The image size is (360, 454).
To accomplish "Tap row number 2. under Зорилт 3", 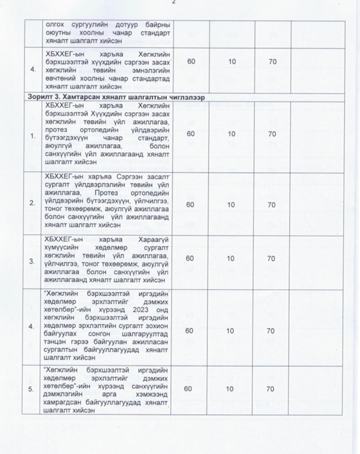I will point(32,204).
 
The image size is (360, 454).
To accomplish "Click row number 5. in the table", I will point(32,390).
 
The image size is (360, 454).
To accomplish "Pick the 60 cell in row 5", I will point(191,390).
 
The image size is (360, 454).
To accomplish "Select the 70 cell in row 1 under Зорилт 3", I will point(271,134).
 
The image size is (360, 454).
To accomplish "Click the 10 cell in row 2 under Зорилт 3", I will point(231,205).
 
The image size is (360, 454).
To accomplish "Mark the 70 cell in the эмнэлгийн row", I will point(271,61).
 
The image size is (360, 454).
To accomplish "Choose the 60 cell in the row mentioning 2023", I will point(191,330).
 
